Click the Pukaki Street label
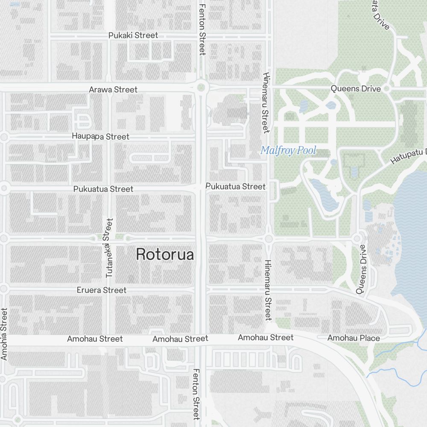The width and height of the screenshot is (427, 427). point(133,35)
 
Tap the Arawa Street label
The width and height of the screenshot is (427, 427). point(113,90)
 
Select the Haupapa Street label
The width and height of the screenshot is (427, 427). point(101,137)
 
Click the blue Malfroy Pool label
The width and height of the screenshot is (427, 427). point(288,150)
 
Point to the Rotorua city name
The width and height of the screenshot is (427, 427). point(165,254)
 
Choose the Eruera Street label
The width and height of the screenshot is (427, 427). point(102,290)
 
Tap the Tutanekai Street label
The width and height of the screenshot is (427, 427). point(109,248)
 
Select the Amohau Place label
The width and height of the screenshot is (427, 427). point(354,338)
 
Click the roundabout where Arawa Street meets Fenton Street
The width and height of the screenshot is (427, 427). point(202,88)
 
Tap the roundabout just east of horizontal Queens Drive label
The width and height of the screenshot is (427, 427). point(387,89)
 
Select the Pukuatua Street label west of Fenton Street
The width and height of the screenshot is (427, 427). point(103,189)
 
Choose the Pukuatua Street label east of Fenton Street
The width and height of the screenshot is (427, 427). point(235,187)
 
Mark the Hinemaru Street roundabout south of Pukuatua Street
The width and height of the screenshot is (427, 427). point(269,239)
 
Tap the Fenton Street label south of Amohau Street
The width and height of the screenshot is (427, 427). point(196,394)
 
